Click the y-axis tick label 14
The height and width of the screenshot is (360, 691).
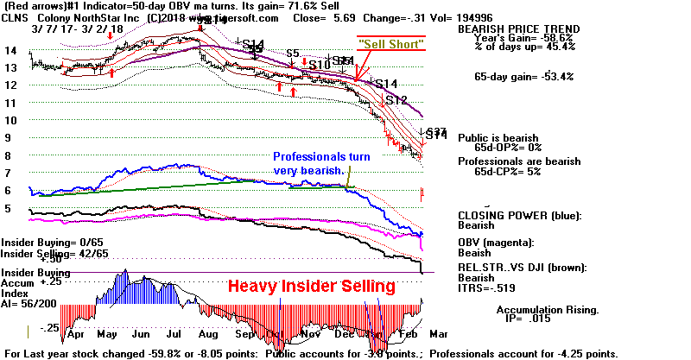(10, 50)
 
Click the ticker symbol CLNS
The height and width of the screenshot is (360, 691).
(16, 17)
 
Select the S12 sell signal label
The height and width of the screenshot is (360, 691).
(396, 100)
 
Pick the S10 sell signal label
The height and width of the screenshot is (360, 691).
(320, 65)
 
